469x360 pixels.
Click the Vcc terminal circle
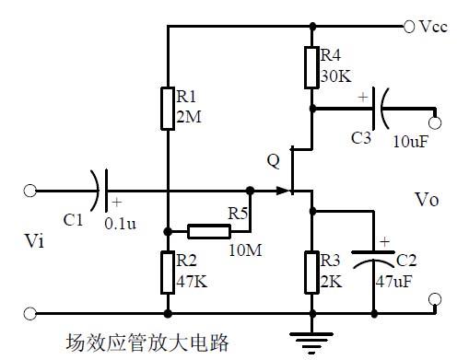pos(408,27)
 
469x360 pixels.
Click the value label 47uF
pos(394,285)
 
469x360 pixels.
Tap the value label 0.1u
pos(122,223)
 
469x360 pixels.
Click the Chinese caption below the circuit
pos(146,343)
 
